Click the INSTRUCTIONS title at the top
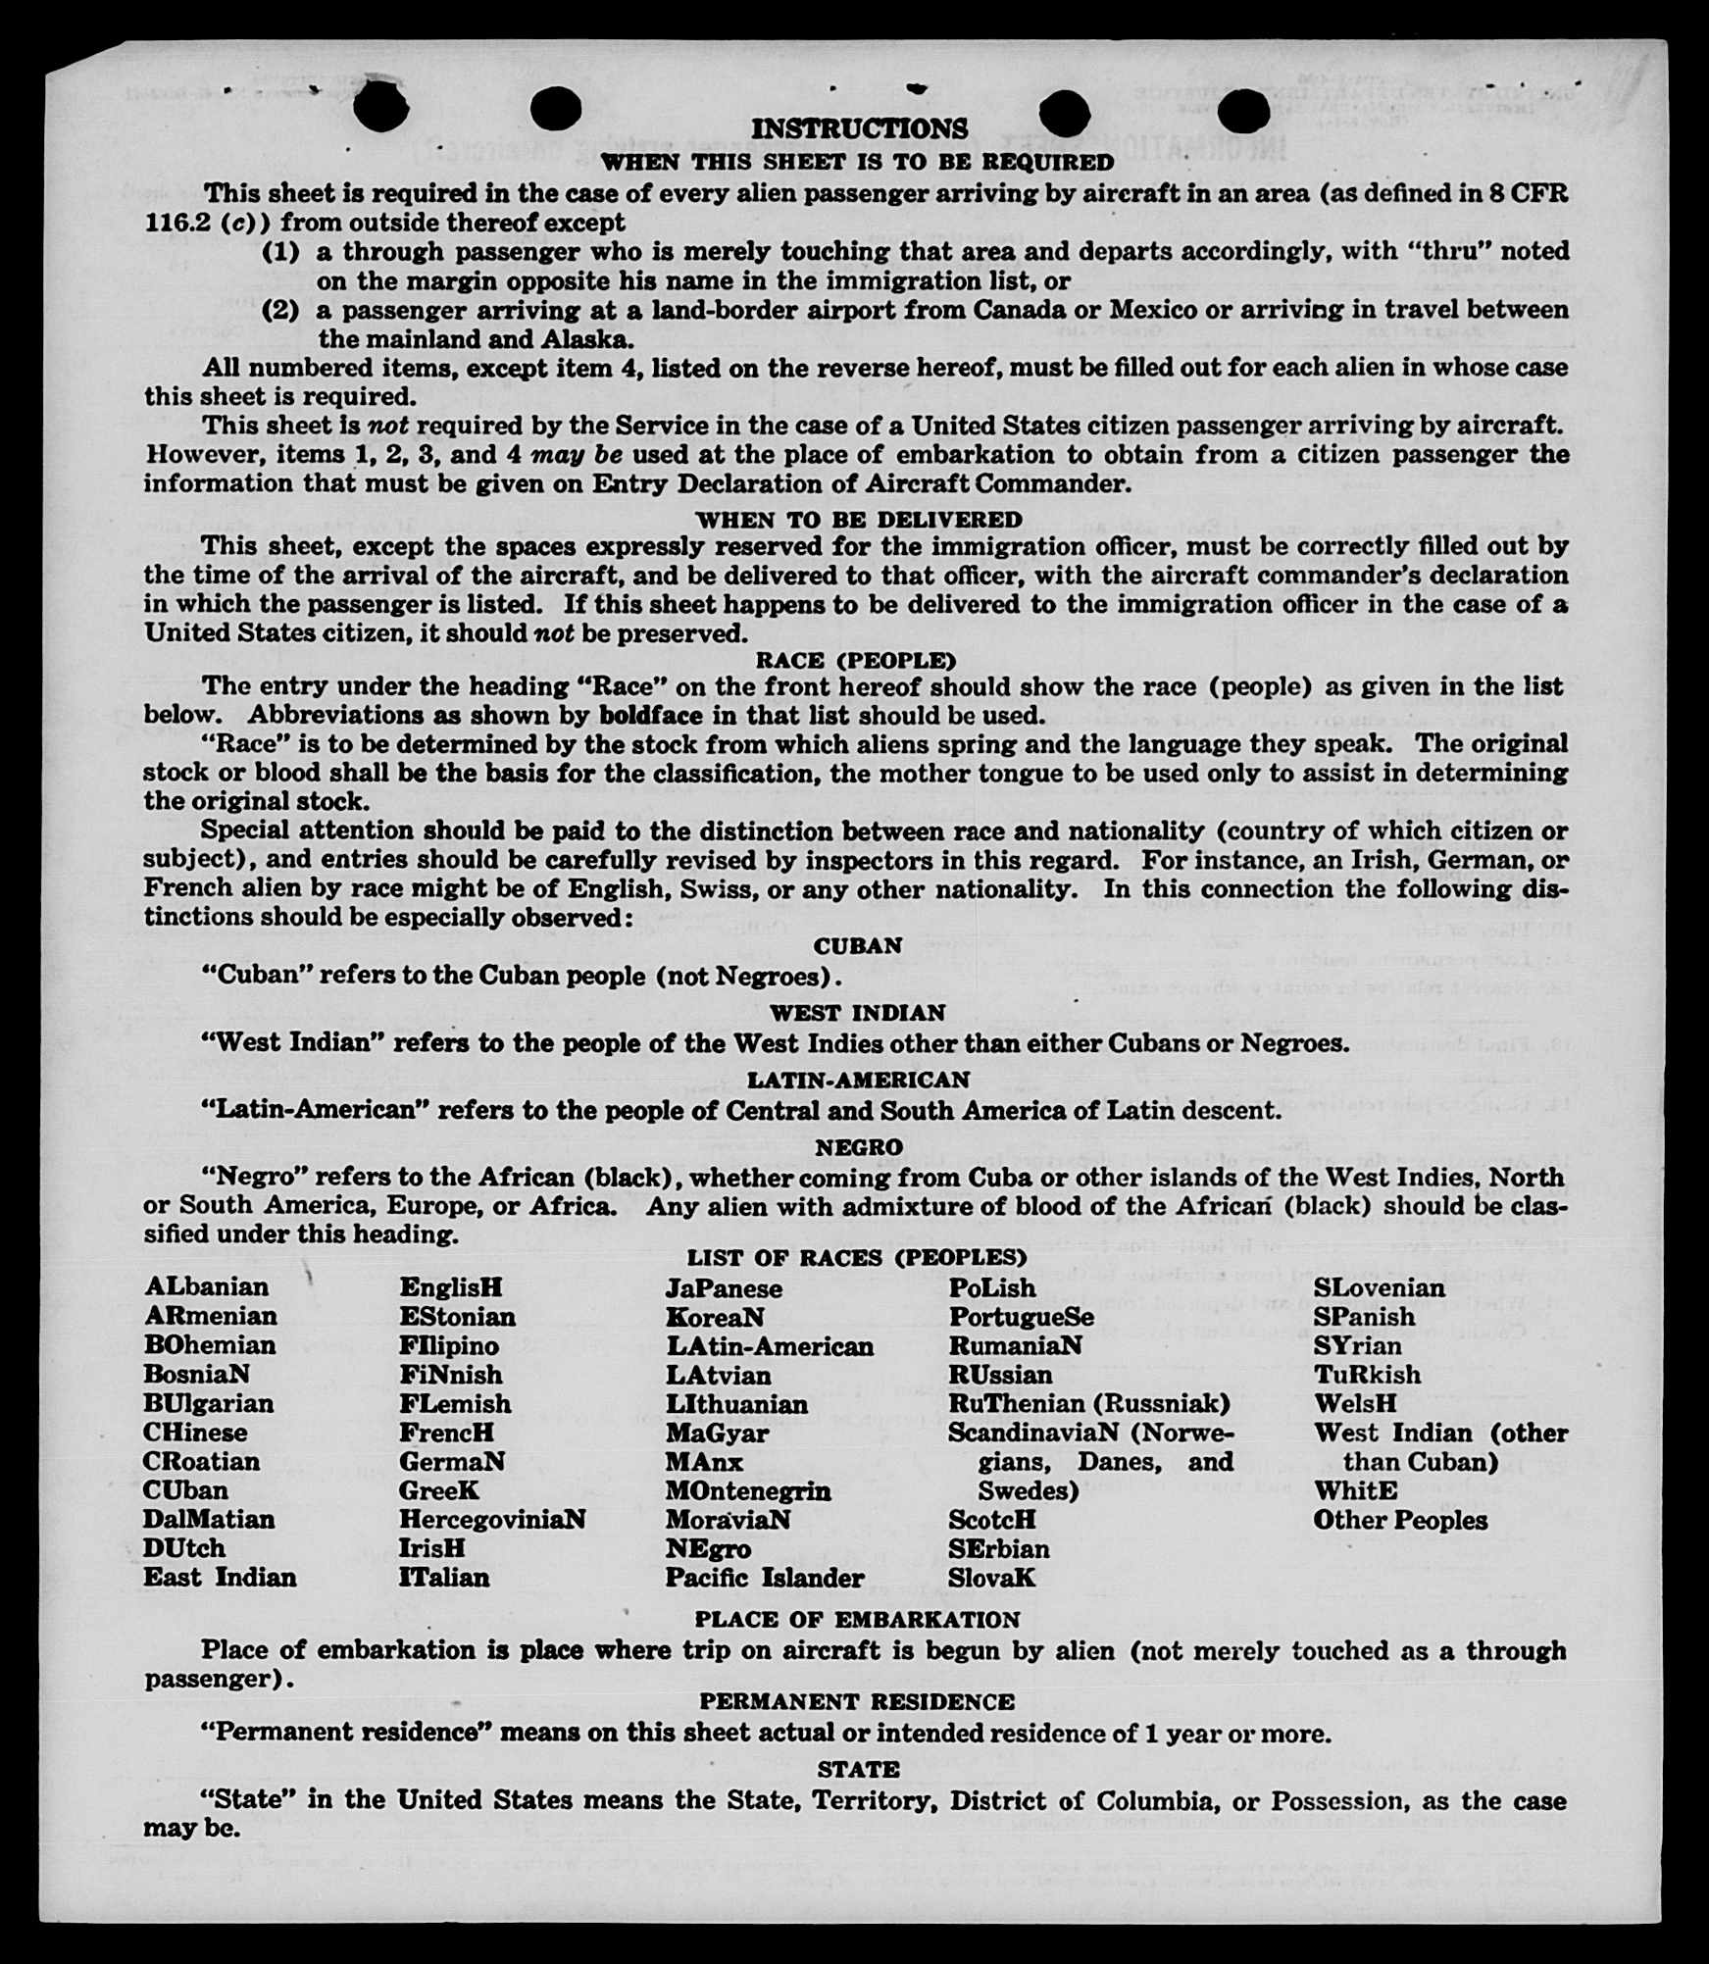(x=859, y=129)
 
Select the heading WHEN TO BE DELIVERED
(x=859, y=520)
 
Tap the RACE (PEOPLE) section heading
(x=855, y=660)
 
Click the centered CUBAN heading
(x=858, y=946)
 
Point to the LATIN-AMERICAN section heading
(x=858, y=1080)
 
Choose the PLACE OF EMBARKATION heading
(x=858, y=1620)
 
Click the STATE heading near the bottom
(x=858, y=1770)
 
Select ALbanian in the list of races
(x=206, y=1286)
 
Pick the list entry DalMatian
(x=209, y=1519)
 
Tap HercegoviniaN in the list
(x=492, y=1519)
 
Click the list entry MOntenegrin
(x=748, y=1490)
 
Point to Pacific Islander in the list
(x=765, y=1578)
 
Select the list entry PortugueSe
(x=1021, y=1317)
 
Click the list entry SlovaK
(x=991, y=1578)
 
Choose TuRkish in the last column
(x=1367, y=1375)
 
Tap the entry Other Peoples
(x=1400, y=1520)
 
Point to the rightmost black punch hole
(x=1245, y=111)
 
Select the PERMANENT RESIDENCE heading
(x=858, y=1701)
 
